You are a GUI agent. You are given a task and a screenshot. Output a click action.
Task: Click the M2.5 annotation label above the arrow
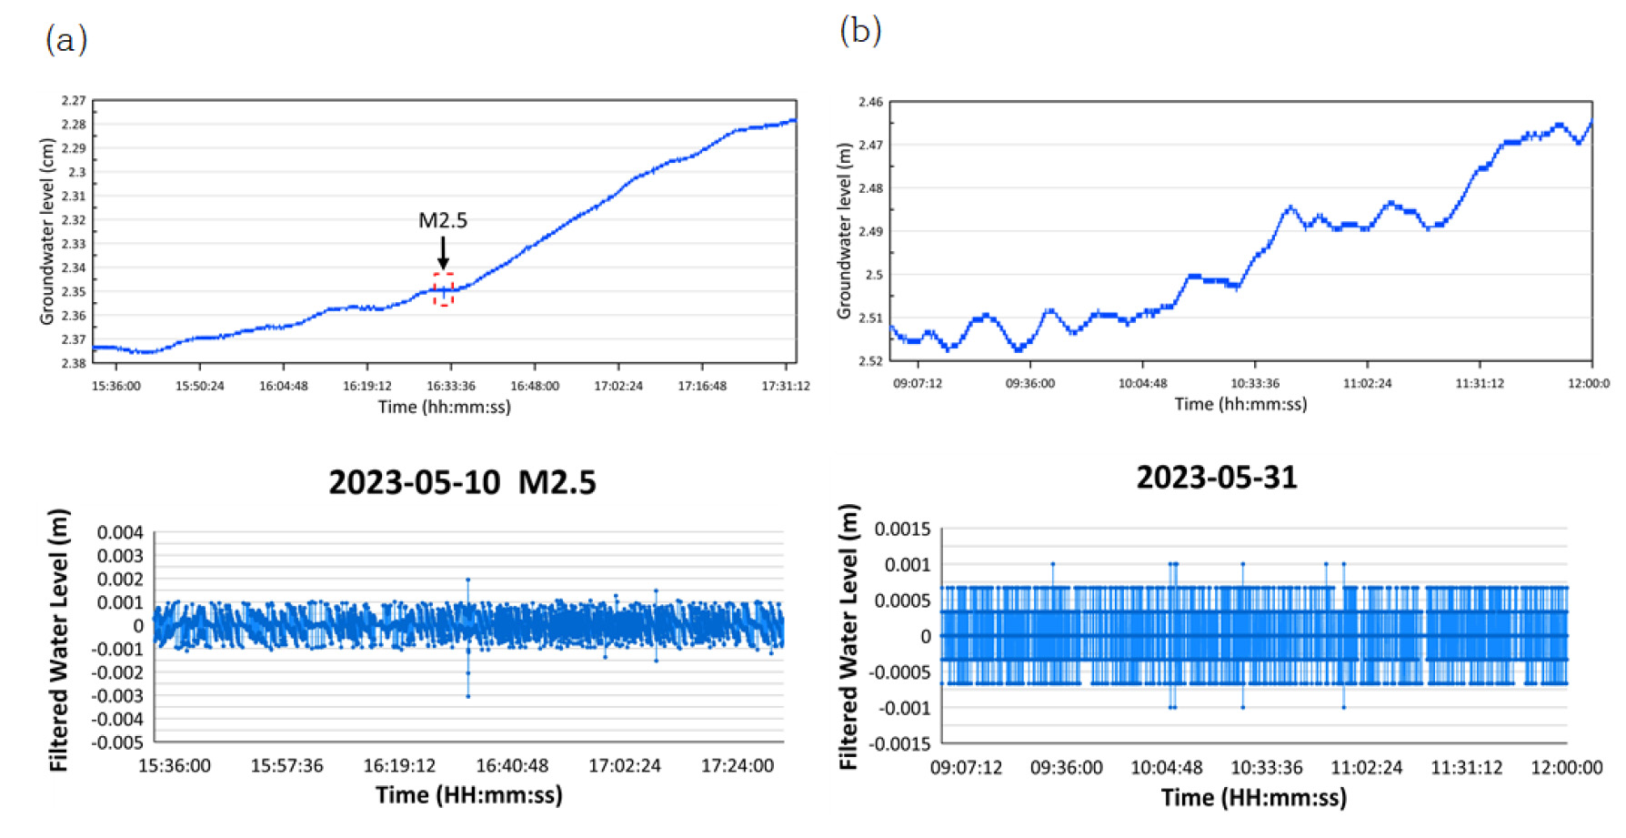(443, 220)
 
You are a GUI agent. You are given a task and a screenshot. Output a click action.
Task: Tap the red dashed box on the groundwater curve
(443, 289)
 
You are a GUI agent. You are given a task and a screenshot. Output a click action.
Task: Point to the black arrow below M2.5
(443, 252)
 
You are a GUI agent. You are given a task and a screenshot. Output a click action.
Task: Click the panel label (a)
(65, 40)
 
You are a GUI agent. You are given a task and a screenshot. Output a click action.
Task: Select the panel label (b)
(860, 31)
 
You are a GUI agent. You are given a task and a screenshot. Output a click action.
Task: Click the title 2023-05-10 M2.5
(462, 482)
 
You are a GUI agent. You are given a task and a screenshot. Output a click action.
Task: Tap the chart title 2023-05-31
(1217, 478)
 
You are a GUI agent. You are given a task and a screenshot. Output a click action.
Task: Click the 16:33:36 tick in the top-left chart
(451, 386)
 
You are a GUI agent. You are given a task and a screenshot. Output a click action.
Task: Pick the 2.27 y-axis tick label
(74, 100)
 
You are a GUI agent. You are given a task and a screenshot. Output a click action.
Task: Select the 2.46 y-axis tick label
(870, 102)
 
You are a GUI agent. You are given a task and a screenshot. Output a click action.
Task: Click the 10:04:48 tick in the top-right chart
(1142, 383)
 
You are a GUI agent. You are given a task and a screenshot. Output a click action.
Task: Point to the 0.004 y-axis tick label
(120, 532)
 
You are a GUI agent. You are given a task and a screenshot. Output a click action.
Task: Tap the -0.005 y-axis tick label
(117, 742)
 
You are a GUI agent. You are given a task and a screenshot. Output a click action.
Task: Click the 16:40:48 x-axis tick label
(512, 766)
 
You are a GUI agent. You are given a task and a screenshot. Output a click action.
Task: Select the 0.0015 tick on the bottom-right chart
(902, 530)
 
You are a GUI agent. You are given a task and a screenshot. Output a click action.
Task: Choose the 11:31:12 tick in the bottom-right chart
(1467, 768)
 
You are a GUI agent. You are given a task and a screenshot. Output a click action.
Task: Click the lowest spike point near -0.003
(468, 696)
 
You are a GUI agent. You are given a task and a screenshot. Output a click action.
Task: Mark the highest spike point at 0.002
(468, 580)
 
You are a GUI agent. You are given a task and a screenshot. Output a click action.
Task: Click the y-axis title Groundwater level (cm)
(47, 231)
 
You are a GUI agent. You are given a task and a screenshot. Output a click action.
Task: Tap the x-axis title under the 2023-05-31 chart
(1253, 798)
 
